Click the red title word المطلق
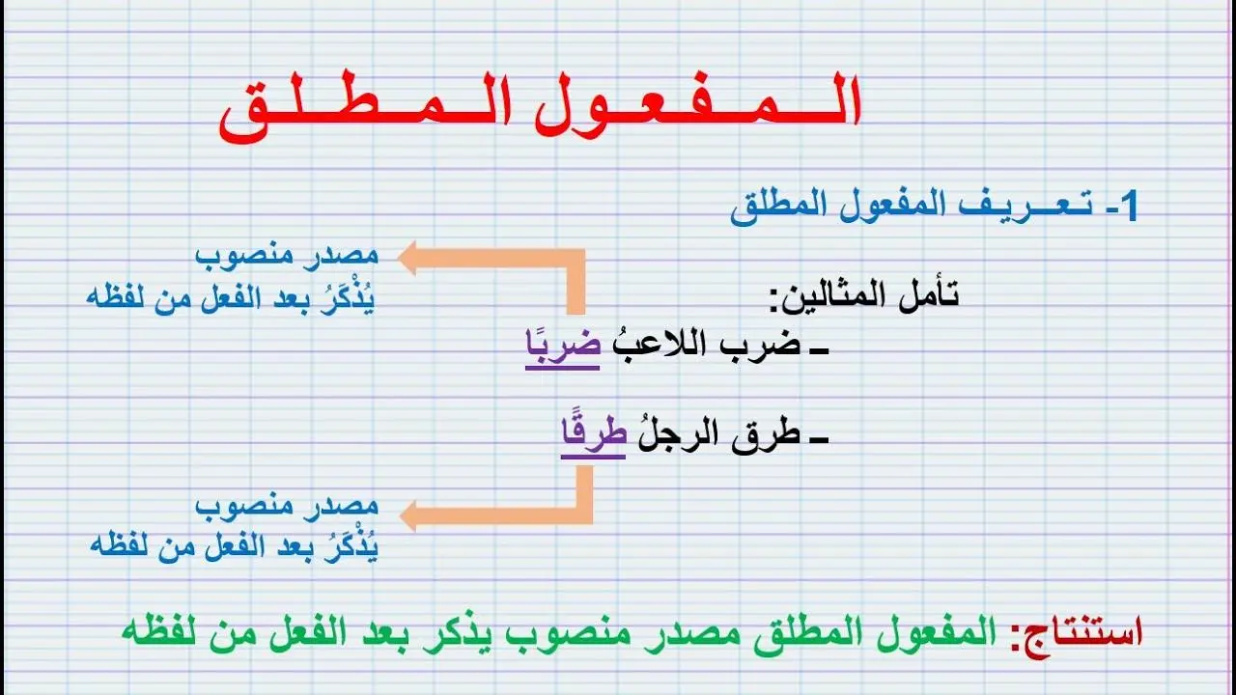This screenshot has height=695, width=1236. click(x=366, y=106)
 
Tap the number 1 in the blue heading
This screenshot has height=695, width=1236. click(x=1129, y=206)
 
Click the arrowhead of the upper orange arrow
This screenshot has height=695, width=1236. click(x=407, y=258)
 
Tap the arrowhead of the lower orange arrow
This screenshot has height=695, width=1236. click(x=408, y=515)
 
